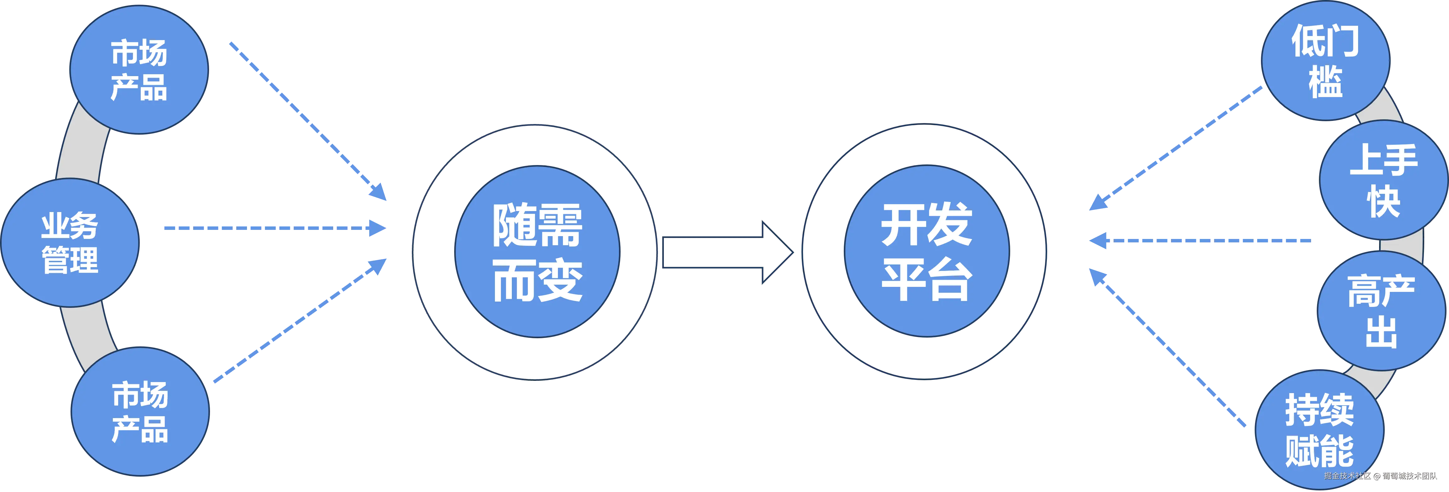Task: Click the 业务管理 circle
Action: tap(70, 243)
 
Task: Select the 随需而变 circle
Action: tap(537, 251)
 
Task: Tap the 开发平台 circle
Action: tap(927, 251)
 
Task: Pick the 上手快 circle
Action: tap(1383, 180)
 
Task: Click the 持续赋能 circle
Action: tap(1319, 430)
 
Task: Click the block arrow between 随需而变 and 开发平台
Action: tap(726, 252)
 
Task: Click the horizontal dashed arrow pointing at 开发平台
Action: tap(1198, 240)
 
